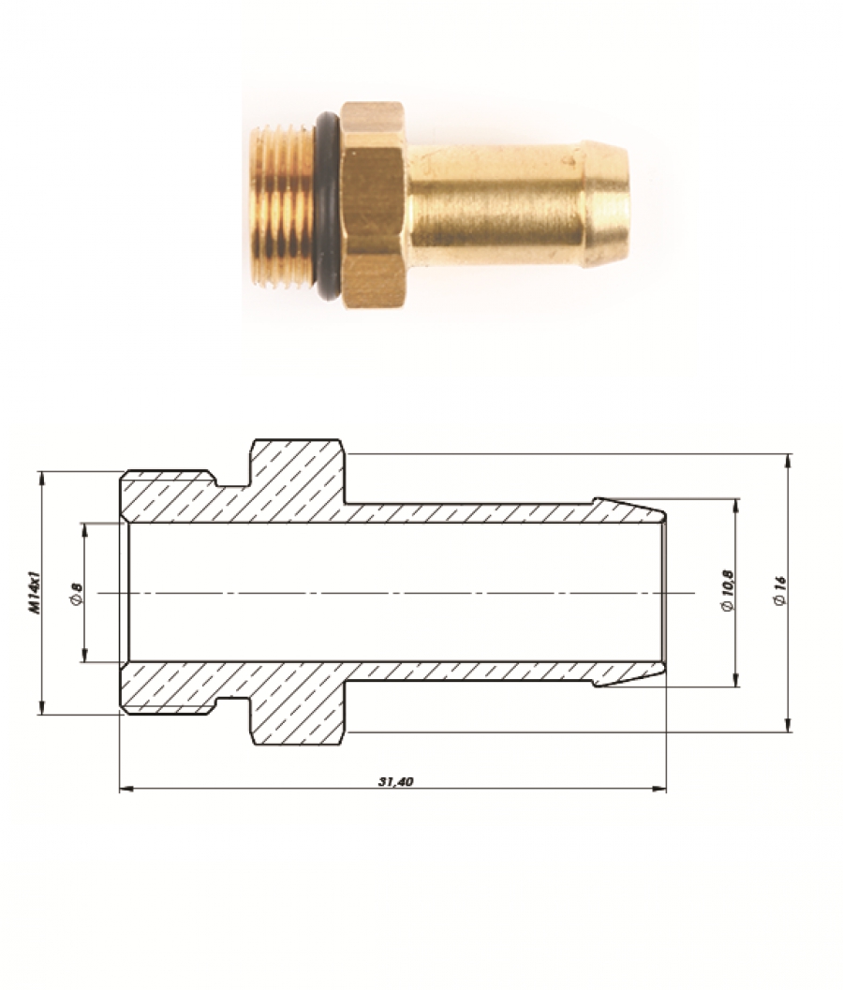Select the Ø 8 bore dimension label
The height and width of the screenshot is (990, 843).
coord(77,592)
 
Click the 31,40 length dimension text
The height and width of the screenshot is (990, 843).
coord(395,781)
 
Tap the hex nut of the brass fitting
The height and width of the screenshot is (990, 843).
coord(374,204)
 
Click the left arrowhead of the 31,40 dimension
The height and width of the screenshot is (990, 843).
coord(125,789)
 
